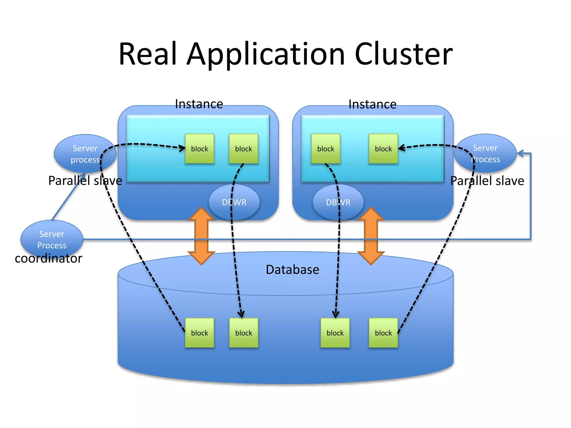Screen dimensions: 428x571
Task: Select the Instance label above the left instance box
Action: coord(199,104)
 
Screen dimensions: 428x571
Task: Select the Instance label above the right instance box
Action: coord(372,104)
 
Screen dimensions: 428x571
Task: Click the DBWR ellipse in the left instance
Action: coord(234,202)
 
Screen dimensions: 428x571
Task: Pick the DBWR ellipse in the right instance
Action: coord(338,202)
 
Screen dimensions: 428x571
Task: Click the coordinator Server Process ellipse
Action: coord(52,239)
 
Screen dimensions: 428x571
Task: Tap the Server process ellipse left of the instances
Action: coord(85,154)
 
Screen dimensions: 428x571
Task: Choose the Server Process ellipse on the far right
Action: coord(485,153)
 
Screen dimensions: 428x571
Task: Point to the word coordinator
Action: coord(49,259)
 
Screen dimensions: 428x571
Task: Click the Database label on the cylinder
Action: coord(292,270)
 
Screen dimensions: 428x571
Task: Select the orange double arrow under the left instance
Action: coord(201,236)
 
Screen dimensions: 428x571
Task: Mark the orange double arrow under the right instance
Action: coord(371,236)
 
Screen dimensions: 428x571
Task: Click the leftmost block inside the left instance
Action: coord(200,149)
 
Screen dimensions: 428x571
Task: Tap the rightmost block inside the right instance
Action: coord(383,149)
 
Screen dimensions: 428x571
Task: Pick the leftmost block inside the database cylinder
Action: coord(200,333)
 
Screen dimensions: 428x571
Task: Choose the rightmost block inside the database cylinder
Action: coord(383,333)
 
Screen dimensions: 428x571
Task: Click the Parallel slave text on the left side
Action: coord(85,181)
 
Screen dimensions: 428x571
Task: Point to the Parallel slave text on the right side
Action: coord(487,181)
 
